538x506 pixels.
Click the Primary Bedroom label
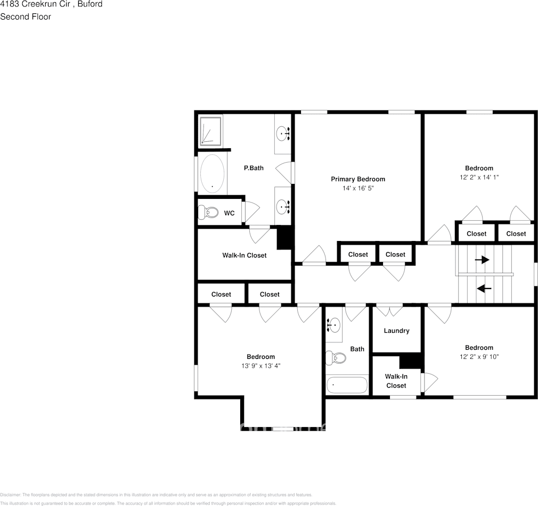(x=357, y=179)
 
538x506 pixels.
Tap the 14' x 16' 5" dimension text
(x=357, y=189)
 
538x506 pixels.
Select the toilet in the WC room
(x=208, y=212)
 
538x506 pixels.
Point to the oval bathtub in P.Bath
(x=213, y=174)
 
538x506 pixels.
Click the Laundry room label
(x=396, y=331)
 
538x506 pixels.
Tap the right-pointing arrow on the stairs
(x=482, y=260)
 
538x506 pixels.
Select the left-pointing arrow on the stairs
(x=484, y=288)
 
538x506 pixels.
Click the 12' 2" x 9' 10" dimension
(x=479, y=357)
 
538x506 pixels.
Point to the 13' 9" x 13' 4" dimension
(x=260, y=366)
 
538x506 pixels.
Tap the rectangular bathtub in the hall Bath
(x=347, y=384)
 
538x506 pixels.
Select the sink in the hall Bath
(x=334, y=324)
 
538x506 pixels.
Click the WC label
(x=229, y=213)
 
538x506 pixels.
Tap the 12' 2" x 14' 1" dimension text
(x=479, y=177)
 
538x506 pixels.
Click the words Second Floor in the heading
(x=26, y=17)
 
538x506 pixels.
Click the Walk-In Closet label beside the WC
(x=244, y=255)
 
